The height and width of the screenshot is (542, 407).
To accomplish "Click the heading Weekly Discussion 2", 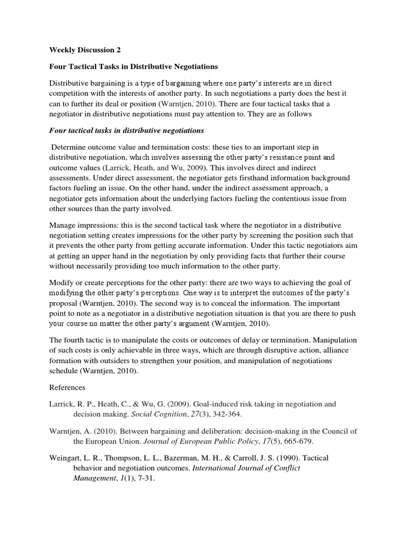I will pos(85,50).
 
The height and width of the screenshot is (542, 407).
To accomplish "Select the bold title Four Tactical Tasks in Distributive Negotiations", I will pos(134,67).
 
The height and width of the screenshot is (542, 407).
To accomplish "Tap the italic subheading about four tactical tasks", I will pos(126,130).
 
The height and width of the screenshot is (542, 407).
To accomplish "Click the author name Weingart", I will pos(67,457).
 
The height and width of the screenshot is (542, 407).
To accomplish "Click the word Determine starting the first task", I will pos(70,147).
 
